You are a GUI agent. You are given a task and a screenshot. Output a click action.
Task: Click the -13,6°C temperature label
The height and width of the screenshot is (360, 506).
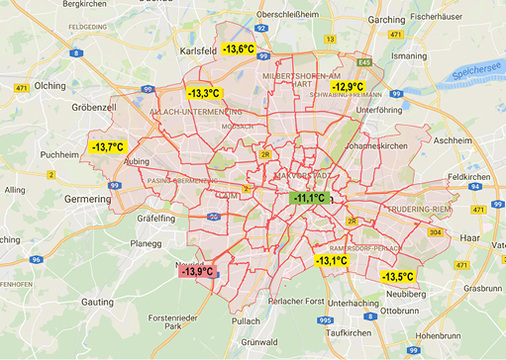point(238,48)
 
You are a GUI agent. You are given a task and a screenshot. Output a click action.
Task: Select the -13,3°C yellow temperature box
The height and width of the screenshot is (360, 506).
point(204,93)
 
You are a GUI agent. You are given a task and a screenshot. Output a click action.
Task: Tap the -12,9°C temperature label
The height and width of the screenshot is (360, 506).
point(348,87)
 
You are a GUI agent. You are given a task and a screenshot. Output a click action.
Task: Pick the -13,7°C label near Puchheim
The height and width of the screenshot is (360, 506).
point(107,147)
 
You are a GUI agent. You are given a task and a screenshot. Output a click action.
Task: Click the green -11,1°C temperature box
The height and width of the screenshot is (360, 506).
point(308,198)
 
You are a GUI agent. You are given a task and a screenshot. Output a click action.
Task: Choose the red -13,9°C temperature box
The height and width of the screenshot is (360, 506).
point(197,271)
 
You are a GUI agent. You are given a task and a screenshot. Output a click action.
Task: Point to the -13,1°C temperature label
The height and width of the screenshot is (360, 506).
point(331,260)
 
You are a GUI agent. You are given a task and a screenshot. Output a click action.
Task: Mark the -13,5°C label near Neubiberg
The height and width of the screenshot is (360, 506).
point(398,276)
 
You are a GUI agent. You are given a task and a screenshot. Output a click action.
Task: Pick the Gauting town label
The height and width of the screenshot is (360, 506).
point(97,299)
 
